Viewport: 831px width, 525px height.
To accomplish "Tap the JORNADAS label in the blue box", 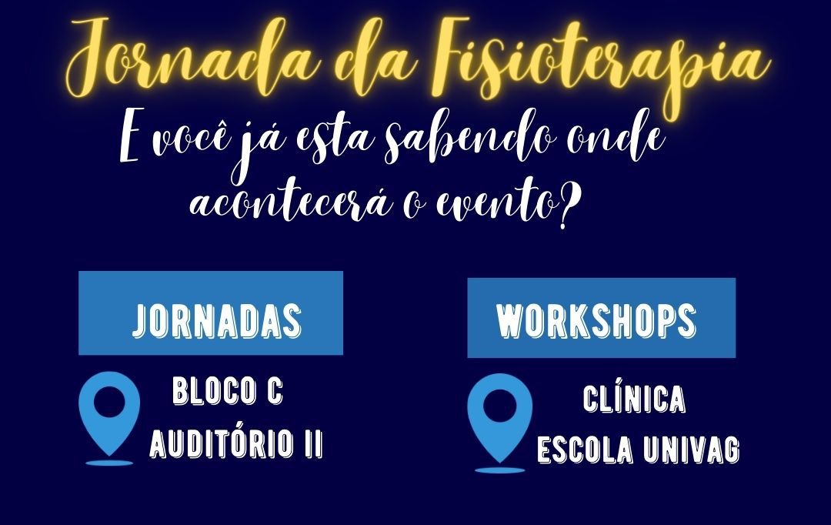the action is point(217,321).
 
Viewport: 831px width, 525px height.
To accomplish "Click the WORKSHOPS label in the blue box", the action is point(596,321).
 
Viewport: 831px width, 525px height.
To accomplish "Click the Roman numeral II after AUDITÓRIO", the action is point(314,443).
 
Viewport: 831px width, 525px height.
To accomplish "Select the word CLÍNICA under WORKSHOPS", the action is point(634,398).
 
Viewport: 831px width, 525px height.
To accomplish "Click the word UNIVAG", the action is point(691,450).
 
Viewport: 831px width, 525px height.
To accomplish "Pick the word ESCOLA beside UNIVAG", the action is point(585,450).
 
